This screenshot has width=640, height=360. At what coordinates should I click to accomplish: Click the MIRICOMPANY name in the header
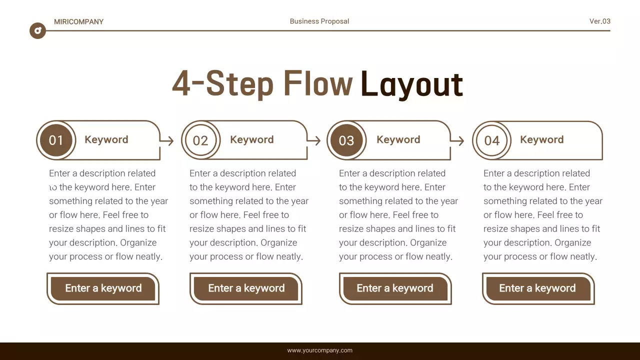(x=78, y=21)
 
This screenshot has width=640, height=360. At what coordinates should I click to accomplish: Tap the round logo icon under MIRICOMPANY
(x=37, y=31)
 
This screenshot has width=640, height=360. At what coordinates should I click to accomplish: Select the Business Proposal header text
(x=319, y=21)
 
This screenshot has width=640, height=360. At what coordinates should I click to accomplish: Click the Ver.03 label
(x=599, y=21)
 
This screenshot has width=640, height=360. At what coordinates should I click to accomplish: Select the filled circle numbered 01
(x=56, y=140)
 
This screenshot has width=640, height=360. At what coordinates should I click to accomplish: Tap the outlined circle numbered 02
(x=200, y=140)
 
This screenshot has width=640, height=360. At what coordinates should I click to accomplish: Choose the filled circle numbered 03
(x=346, y=140)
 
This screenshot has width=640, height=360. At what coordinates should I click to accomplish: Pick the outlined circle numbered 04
(x=491, y=140)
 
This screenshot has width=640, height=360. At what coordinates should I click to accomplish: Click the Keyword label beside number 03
(x=398, y=139)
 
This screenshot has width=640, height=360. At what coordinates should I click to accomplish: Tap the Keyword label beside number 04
(x=541, y=139)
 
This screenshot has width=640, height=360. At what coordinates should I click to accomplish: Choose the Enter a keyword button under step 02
(x=246, y=288)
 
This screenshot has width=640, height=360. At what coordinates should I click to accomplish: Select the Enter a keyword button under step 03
(x=394, y=288)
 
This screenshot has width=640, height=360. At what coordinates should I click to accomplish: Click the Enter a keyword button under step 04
(x=537, y=288)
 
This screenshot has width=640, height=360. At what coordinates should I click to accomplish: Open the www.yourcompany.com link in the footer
(x=319, y=350)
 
